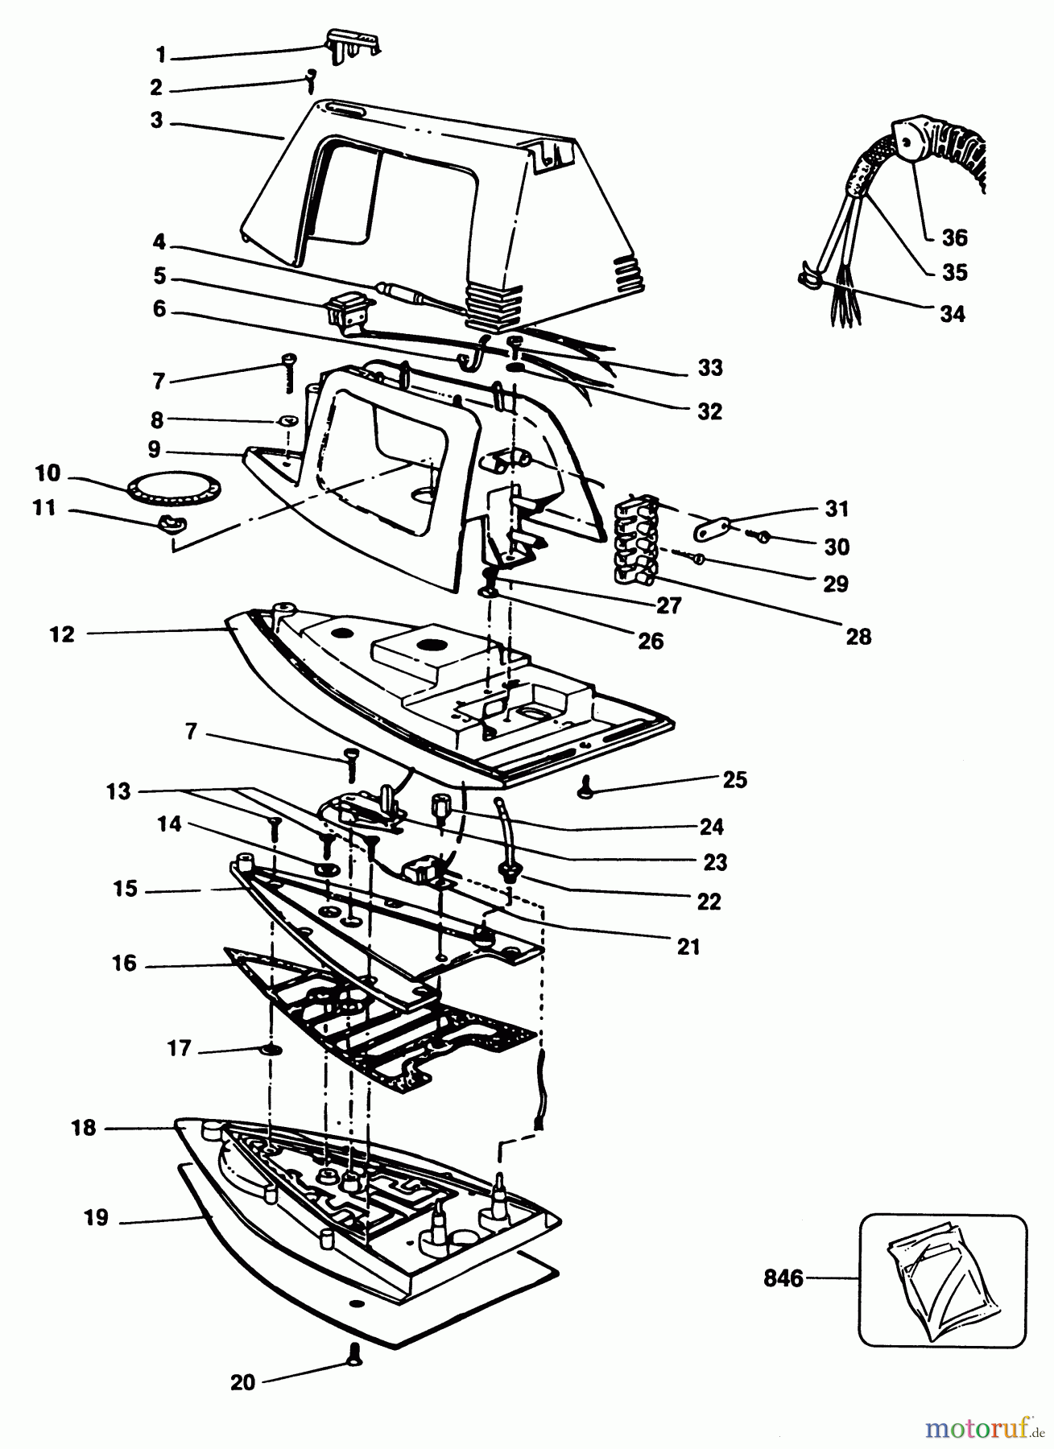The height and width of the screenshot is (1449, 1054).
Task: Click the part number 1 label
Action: coord(160,55)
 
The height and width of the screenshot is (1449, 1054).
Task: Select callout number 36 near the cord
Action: coord(954,238)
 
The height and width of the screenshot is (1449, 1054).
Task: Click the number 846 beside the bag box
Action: coord(783,1278)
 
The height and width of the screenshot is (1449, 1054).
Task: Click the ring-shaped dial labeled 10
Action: coord(173,488)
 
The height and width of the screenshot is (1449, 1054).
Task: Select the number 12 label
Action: coord(62,634)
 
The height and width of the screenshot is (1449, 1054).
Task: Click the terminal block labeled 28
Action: coord(636,541)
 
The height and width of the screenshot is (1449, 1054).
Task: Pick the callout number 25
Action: coord(734,779)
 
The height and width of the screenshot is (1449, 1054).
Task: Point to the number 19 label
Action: coord(96,1218)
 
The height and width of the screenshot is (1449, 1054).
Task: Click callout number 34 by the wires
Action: coord(952,314)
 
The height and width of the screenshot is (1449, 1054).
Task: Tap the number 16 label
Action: coord(124,964)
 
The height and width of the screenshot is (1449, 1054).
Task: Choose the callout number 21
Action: coord(688,947)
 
